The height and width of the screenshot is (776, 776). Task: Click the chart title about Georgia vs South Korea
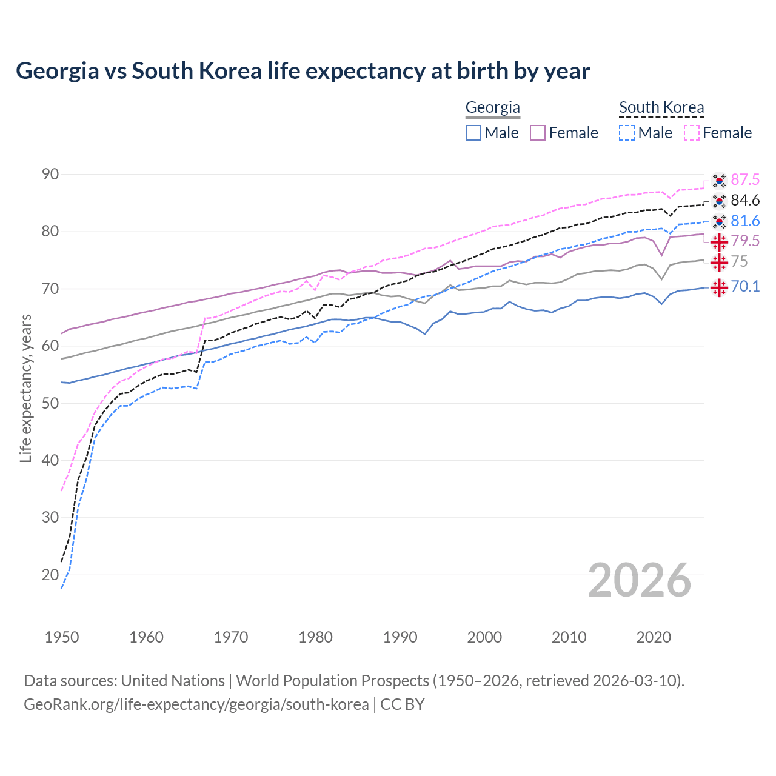(303, 71)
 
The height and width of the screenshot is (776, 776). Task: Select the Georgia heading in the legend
(492, 108)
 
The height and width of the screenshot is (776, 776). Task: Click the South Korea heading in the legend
(661, 108)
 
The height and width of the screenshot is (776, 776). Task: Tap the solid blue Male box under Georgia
(473, 133)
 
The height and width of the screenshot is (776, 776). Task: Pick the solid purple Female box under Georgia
(538, 133)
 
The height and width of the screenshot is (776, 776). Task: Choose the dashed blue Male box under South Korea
(627, 133)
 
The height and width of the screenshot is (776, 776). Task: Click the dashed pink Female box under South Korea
(691, 133)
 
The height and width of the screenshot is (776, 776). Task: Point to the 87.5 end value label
(745, 179)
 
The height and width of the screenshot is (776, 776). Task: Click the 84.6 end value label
(745, 200)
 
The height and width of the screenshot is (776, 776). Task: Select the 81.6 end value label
(745, 221)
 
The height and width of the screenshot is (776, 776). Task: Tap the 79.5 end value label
(745, 241)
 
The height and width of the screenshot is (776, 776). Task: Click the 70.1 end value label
(745, 286)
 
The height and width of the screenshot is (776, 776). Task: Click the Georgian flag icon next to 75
(719, 263)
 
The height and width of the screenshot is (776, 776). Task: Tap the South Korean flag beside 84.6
(719, 201)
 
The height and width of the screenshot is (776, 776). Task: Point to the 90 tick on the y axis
(50, 175)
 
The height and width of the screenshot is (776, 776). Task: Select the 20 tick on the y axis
(50, 575)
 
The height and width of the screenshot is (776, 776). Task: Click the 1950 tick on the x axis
(62, 637)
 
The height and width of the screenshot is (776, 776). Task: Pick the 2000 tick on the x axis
(484, 637)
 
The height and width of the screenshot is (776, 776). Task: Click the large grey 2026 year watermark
(640, 580)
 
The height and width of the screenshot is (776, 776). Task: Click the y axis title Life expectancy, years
(25, 388)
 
